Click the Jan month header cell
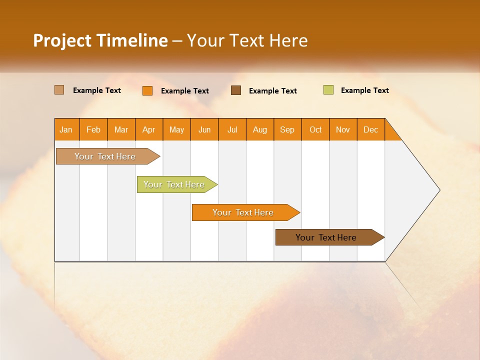pos(66,129)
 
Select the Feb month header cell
pos(93,129)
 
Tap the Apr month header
pos(149,129)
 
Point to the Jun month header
pos(204,129)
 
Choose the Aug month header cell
pos(260,129)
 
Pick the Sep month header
pos(287,129)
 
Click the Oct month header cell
pos(315,129)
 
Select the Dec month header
pos(371,129)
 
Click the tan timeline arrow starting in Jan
pos(105,156)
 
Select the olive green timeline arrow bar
pos(174,184)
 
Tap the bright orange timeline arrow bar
pos(243,212)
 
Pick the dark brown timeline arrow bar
pos(326,237)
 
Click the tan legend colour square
pos(59,90)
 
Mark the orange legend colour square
pos(147,90)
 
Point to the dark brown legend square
pos(236,90)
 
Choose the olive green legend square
pos(328,90)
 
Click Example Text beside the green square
pos(365,90)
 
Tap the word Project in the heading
pos(62,40)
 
